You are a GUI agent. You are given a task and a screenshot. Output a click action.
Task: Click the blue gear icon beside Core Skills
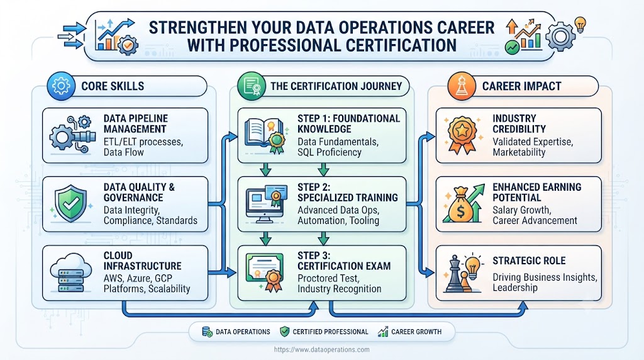[x=61, y=86]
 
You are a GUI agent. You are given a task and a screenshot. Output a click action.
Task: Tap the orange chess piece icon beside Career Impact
[x=462, y=86]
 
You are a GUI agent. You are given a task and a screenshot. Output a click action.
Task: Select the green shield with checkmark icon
[x=71, y=203]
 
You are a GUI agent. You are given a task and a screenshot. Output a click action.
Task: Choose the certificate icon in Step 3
[x=265, y=271]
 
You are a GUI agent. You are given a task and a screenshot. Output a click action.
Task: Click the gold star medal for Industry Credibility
[x=462, y=135]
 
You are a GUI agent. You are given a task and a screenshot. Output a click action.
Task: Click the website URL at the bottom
[x=321, y=350]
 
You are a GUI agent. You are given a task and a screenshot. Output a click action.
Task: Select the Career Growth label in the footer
[x=416, y=332]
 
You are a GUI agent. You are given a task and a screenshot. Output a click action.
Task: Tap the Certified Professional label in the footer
[x=330, y=332]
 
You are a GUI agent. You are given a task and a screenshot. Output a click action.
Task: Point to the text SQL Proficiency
[x=330, y=152]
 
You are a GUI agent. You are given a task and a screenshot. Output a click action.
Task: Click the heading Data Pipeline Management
[x=136, y=124]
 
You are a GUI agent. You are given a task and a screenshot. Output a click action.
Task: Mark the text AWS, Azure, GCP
[x=138, y=278]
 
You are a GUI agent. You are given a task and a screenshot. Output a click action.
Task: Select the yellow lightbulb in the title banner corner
[x=579, y=25]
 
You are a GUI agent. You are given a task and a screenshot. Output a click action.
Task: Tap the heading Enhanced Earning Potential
[x=537, y=193]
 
